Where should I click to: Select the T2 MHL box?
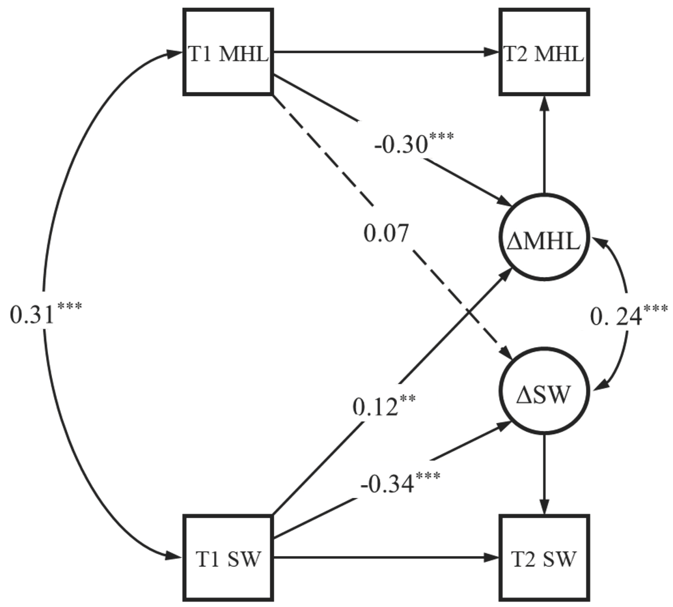(544, 52)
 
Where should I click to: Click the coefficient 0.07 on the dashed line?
(386, 233)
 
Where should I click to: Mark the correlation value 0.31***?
(45, 314)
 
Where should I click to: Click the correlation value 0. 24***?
(628, 315)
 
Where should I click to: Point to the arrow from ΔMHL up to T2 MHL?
(544, 143)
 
